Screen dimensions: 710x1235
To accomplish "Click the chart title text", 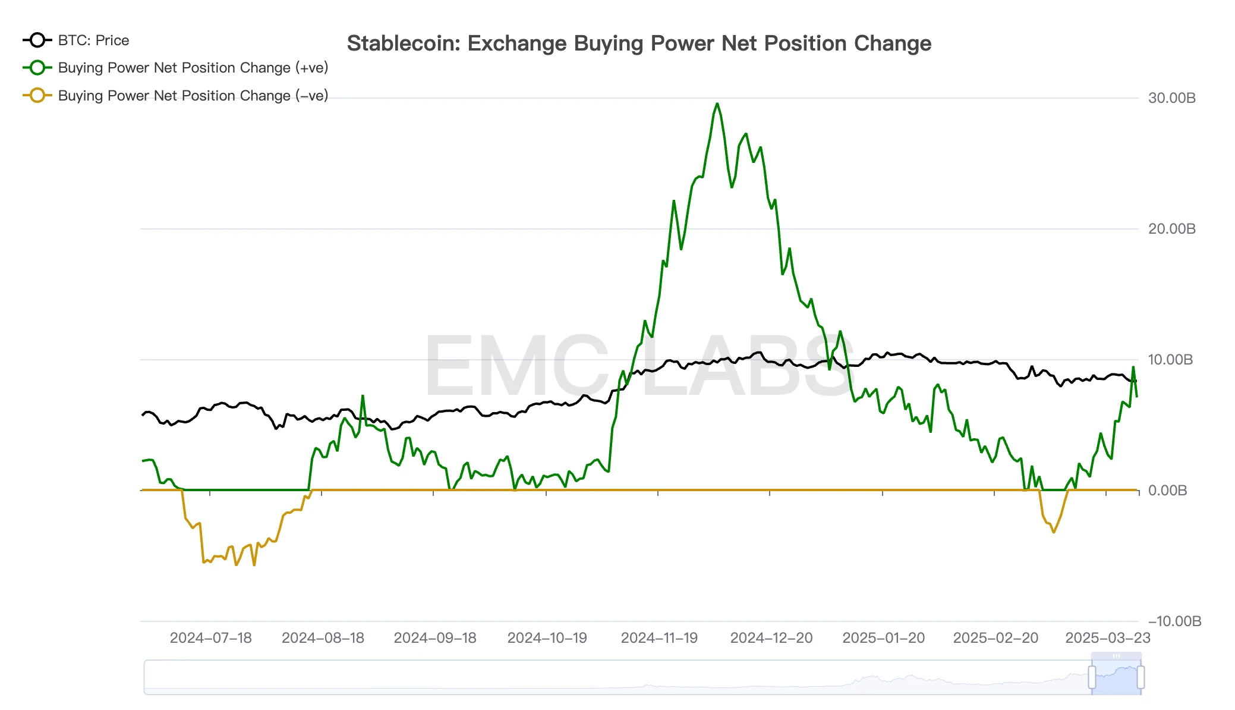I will point(639,43).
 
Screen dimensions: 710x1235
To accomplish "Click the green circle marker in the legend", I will point(37,68).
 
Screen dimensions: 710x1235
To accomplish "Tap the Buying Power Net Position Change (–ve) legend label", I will point(193,96).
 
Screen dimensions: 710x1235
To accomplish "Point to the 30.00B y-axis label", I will point(1171,98).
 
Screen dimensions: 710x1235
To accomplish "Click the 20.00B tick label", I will point(1171,229).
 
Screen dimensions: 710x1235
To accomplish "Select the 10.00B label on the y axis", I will point(1170,360).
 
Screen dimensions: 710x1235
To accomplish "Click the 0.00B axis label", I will point(1167,491).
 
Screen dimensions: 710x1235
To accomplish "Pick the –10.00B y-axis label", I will point(1174,621).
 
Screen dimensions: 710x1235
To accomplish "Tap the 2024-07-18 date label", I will point(210,638).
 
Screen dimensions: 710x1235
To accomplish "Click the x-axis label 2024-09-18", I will point(435,638).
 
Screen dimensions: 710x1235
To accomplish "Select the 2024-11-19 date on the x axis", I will point(659,638).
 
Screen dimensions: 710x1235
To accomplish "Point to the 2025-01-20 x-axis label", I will point(883,638).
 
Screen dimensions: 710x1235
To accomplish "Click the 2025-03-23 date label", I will point(1108,638).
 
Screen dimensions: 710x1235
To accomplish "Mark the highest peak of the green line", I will point(717,104).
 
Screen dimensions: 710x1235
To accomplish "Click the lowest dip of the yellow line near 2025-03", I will point(1054,532).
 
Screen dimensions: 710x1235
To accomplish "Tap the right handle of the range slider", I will point(1141,677).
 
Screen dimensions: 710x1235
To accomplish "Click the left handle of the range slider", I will point(1092,677).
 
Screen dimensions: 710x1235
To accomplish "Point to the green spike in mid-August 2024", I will point(363,396).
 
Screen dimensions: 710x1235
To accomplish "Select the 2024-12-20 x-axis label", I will point(771,638).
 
